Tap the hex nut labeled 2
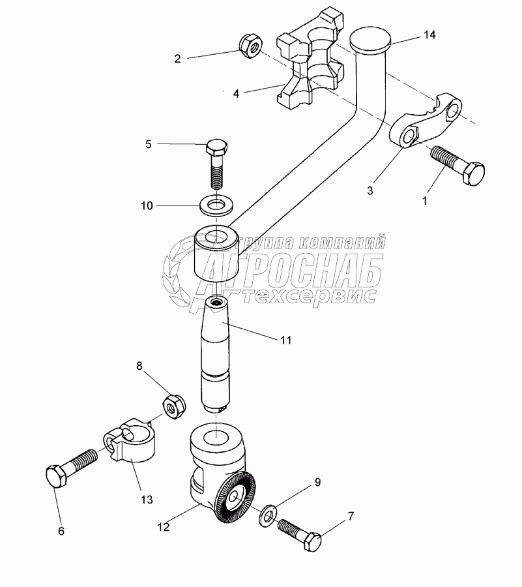249,45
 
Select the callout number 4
236,94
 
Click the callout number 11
286,340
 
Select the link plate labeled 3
424,124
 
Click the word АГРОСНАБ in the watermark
297,274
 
